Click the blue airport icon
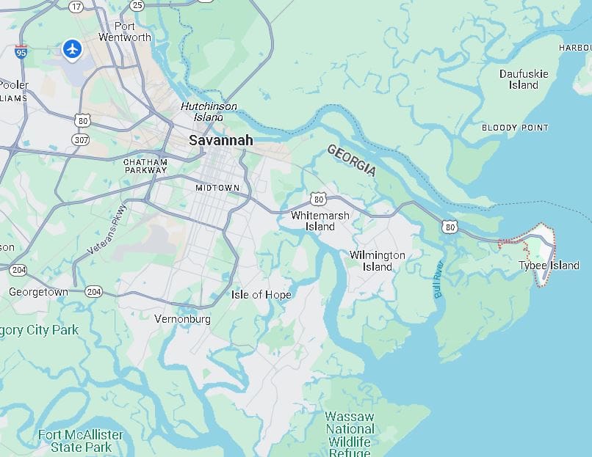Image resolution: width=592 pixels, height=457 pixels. [72, 49]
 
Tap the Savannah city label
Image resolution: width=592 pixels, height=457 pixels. [220, 140]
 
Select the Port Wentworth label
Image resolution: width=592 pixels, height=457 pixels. [125, 32]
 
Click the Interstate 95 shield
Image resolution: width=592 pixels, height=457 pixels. [21, 52]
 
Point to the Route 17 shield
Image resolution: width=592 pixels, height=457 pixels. [76, 6]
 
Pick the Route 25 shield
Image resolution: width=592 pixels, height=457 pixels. [137, 6]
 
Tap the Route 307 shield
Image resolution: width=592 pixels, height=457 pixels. [80, 139]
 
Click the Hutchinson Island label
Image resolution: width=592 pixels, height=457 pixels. [209, 111]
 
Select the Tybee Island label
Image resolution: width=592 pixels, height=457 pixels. [549, 266]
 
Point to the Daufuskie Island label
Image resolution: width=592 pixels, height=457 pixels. [524, 79]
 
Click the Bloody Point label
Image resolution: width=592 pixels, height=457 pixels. [515, 128]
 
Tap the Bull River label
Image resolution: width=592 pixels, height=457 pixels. [438, 279]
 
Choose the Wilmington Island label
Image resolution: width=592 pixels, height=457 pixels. [377, 261]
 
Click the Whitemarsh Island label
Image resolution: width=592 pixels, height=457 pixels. [320, 221]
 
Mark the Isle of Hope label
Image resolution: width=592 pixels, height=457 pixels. [261, 295]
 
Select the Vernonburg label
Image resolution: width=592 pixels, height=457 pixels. [182, 319]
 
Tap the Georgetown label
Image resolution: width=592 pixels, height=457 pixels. [38, 292]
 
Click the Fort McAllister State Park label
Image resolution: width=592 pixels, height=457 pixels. [81, 441]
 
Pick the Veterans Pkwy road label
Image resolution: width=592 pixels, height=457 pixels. [107, 230]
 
